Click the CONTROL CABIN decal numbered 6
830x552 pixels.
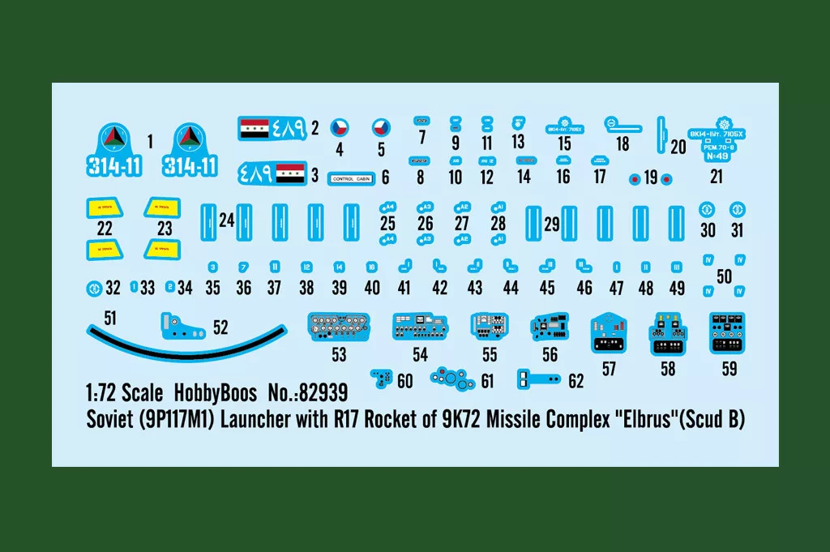(x=353, y=178)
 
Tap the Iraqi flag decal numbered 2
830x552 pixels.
(x=272, y=128)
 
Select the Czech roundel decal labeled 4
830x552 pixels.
(x=341, y=127)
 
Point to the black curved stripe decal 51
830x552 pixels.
(x=186, y=341)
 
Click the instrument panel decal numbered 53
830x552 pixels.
(x=339, y=327)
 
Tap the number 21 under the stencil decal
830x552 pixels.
(x=716, y=177)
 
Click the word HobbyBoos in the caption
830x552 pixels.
(x=215, y=394)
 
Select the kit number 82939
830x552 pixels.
(x=322, y=394)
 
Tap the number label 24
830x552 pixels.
(x=226, y=220)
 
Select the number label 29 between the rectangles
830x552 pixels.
(x=552, y=225)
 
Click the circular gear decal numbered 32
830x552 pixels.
(x=94, y=287)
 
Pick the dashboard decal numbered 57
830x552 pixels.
(x=610, y=333)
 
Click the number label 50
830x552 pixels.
(x=724, y=276)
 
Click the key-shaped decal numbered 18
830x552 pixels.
(x=622, y=125)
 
